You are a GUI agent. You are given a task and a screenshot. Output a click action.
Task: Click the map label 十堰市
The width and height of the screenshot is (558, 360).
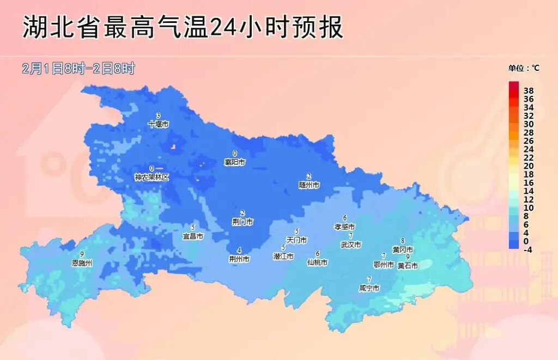[x=158, y=124]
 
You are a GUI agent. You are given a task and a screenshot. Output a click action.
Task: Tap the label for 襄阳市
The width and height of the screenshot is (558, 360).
[x=235, y=162]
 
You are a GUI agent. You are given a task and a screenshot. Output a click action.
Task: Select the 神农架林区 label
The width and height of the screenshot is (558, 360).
[x=152, y=178]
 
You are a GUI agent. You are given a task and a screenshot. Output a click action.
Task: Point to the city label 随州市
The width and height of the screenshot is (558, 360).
[x=309, y=185]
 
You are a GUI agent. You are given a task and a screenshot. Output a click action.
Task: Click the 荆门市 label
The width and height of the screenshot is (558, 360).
[x=242, y=222]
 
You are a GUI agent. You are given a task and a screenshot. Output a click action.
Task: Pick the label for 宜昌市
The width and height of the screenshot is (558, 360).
[x=192, y=236]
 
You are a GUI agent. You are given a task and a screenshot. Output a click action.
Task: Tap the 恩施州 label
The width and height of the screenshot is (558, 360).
[x=82, y=263]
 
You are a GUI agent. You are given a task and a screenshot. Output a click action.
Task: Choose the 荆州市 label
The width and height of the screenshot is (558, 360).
[x=239, y=259]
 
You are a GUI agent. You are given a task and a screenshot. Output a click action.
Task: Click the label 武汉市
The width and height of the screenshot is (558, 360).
[x=351, y=245]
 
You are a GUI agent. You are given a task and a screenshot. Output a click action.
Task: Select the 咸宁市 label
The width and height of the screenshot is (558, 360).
[x=369, y=288]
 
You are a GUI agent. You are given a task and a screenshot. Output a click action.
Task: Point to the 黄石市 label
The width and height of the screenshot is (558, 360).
[x=408, y=266]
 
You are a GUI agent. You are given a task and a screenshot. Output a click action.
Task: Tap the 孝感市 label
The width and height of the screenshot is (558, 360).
[x=344, y=227]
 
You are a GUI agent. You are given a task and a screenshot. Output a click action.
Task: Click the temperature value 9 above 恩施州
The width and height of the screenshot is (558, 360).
[x=82, y=254]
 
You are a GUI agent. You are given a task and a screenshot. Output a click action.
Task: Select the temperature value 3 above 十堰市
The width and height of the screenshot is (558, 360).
[x=158, y=115]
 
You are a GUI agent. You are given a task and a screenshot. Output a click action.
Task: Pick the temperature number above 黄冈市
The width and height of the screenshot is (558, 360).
[x=403, y=241]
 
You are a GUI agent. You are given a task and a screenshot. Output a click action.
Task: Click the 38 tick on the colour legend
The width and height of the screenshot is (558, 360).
[x=529, y=90]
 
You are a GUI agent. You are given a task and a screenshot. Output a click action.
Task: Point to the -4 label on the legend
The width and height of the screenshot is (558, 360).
[x=527, y=249]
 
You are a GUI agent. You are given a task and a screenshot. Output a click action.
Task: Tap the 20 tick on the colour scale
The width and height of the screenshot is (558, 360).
[x=529, y=166]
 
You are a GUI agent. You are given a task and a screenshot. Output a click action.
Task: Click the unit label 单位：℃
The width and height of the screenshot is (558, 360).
[x=524, y=68]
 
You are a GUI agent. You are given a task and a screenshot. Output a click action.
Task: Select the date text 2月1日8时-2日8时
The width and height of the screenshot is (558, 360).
[x=78, y=69]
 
